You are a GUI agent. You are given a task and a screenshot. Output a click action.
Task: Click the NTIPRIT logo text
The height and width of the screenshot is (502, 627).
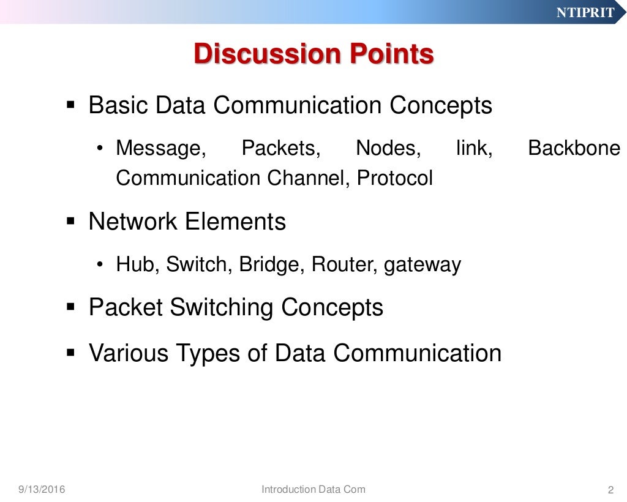click(585, 13)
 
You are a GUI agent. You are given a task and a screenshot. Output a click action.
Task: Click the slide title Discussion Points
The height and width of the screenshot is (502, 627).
click(313, 54)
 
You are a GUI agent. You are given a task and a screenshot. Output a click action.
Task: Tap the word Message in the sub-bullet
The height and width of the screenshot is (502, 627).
click(161, 148)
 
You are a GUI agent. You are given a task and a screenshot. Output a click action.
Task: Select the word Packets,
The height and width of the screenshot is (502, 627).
click(281, 148)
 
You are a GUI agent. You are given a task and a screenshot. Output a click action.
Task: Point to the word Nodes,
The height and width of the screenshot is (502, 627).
click(388, 148)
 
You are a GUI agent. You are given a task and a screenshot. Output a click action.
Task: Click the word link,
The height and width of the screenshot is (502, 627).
click(475, 148)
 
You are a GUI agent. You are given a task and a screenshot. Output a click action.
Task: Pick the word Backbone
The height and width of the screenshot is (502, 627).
click(574, 148)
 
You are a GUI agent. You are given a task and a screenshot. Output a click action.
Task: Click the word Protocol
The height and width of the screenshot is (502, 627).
click(395, 178)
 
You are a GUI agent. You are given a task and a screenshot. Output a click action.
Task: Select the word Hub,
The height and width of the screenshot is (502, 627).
click(138, 264)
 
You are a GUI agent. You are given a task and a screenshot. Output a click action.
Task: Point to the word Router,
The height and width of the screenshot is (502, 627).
click(345, 264)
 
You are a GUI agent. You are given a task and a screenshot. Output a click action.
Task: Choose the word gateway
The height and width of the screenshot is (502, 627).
click(422, 265)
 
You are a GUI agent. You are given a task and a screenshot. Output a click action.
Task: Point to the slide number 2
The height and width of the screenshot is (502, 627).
click(610, 490)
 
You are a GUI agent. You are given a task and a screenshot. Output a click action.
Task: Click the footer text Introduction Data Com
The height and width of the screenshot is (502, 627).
click(313, 489)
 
